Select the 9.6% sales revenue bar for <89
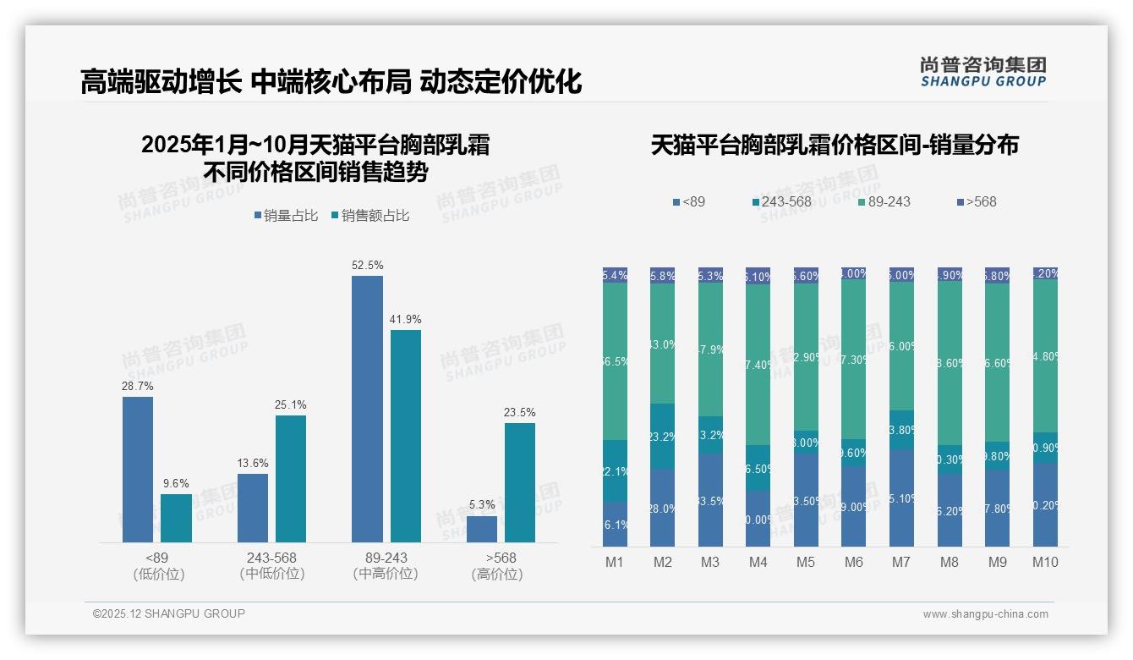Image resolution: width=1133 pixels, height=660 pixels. click(176, 518)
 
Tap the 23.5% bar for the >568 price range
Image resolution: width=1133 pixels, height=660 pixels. click(519, 482)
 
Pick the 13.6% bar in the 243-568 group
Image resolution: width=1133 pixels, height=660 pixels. click(252, 508)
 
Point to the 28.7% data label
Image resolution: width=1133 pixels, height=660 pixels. click(138, 386)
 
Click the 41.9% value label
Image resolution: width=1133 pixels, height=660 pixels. click(406, 319)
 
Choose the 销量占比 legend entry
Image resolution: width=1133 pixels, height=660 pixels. click(286, 216)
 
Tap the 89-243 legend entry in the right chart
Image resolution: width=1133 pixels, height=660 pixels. click(884, 202)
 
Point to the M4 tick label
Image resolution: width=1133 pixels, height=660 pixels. click(758, 562)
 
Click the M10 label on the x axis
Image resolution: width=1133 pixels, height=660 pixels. click(1045, 562)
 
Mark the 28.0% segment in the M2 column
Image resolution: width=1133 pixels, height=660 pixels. click(662, 508)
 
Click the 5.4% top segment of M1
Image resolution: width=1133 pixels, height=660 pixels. click(615, 275)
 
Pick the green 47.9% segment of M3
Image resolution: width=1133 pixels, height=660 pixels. click(710, 349)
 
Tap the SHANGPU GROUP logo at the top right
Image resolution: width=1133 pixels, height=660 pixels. click(982, 71)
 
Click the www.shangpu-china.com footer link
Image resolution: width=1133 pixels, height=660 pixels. click(985, 614)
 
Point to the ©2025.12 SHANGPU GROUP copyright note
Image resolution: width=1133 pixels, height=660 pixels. click(169, 613)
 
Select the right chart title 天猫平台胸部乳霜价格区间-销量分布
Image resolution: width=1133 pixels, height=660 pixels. click(835, 145)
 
